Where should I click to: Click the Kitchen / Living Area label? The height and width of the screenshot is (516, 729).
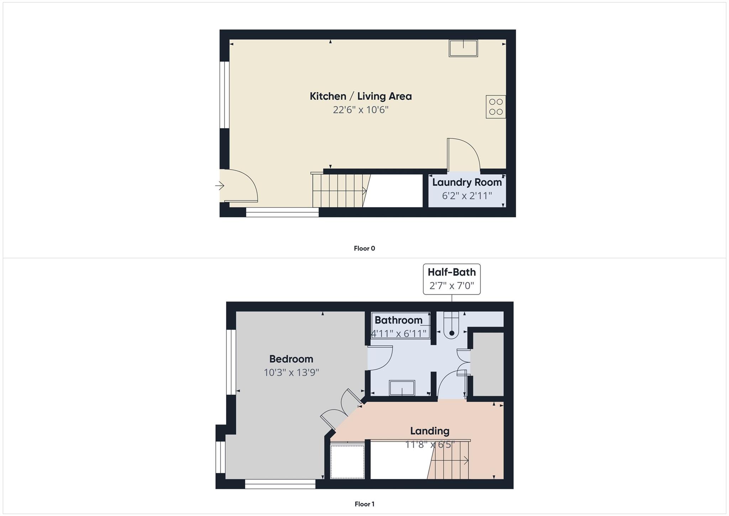click(360, 96)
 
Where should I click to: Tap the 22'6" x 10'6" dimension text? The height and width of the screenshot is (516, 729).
click(360, 110)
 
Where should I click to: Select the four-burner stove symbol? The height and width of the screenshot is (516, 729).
click(495, 107)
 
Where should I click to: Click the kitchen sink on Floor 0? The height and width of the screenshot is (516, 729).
click(463, 48)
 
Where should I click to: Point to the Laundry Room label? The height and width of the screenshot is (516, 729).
click(467, 182)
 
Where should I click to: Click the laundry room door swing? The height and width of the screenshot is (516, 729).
click(463, 154)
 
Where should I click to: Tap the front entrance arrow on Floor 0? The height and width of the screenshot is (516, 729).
click(220, 186)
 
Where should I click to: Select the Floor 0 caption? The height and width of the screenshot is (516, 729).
click(364, 248)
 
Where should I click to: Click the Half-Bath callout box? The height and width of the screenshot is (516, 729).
click(451, 279)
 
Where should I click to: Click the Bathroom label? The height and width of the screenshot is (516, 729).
click(398, 320)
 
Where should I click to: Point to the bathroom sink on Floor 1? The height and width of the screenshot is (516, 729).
click(402, 388)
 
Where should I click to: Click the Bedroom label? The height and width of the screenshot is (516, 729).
click(291, 359)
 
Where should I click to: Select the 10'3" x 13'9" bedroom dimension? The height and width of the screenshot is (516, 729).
click(291, 372)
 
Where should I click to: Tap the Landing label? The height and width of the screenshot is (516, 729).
click(429, 431)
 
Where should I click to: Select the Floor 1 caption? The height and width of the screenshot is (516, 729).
click(364, 504)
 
